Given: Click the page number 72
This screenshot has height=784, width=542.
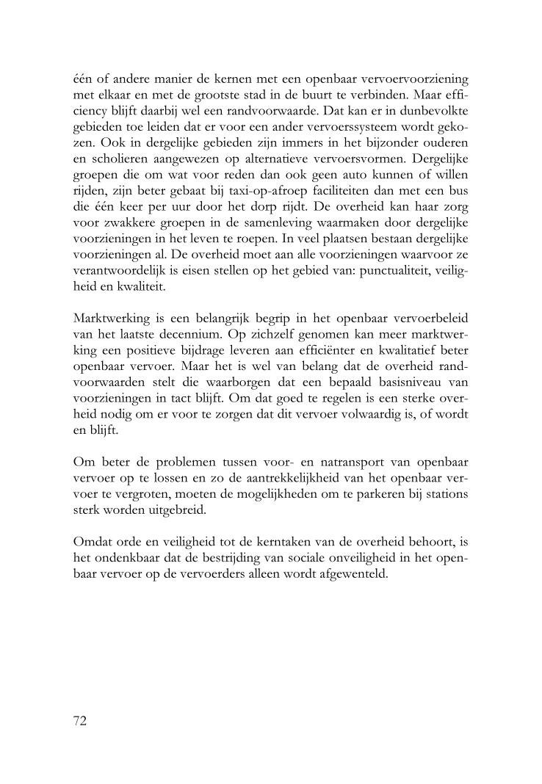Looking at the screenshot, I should pyautogui.click(x=81, y=720).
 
